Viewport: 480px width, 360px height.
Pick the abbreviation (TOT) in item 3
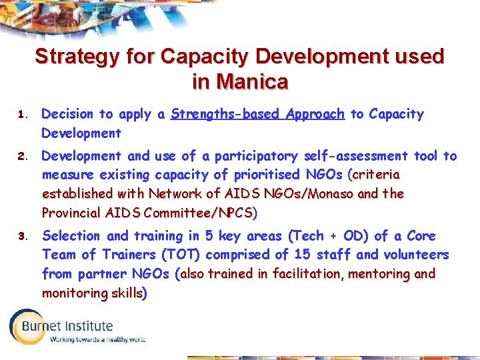(x=182, y=255)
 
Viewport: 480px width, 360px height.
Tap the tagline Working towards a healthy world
(x=97, y=339)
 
